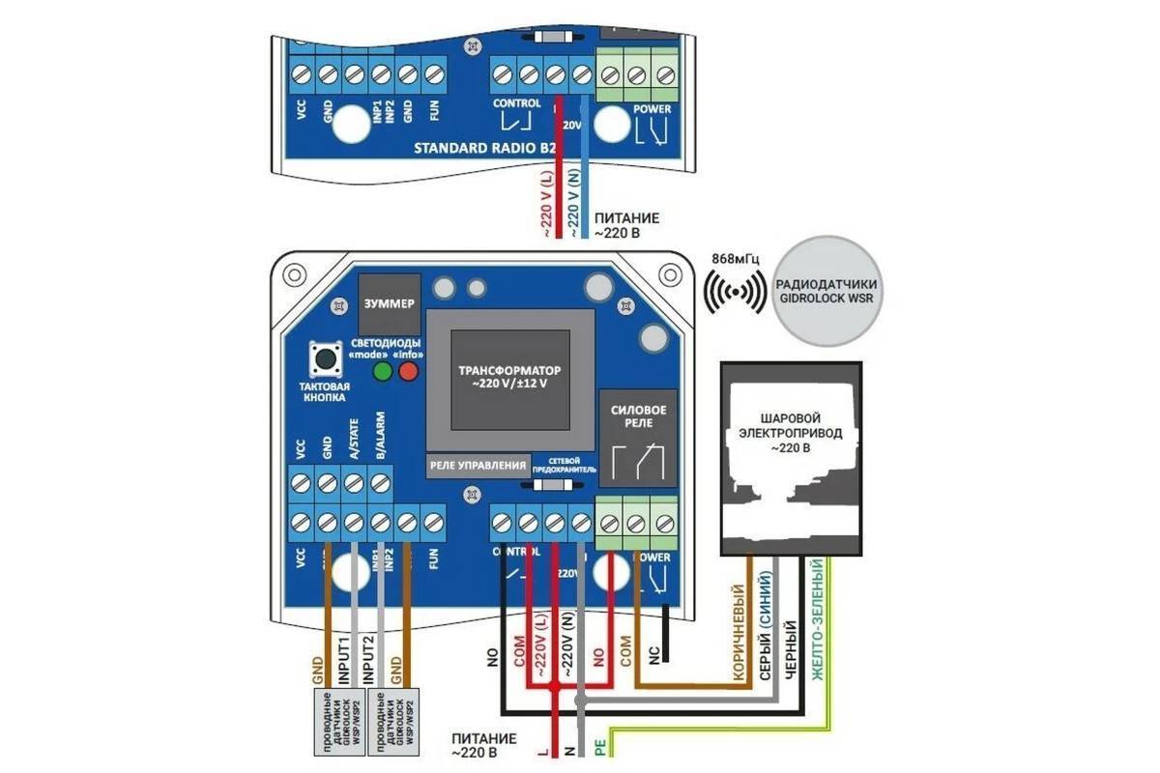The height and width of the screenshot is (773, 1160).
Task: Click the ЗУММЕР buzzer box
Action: coord(388,303)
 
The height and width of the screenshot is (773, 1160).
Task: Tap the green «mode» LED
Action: coord(383,371)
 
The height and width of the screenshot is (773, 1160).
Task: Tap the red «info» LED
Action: coord(408,371)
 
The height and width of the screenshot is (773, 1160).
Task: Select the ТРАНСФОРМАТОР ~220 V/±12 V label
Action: coord(508,377)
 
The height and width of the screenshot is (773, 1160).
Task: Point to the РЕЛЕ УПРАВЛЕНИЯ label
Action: coord(478,465)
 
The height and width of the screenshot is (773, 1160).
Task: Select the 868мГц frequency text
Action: coord(735,260)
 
